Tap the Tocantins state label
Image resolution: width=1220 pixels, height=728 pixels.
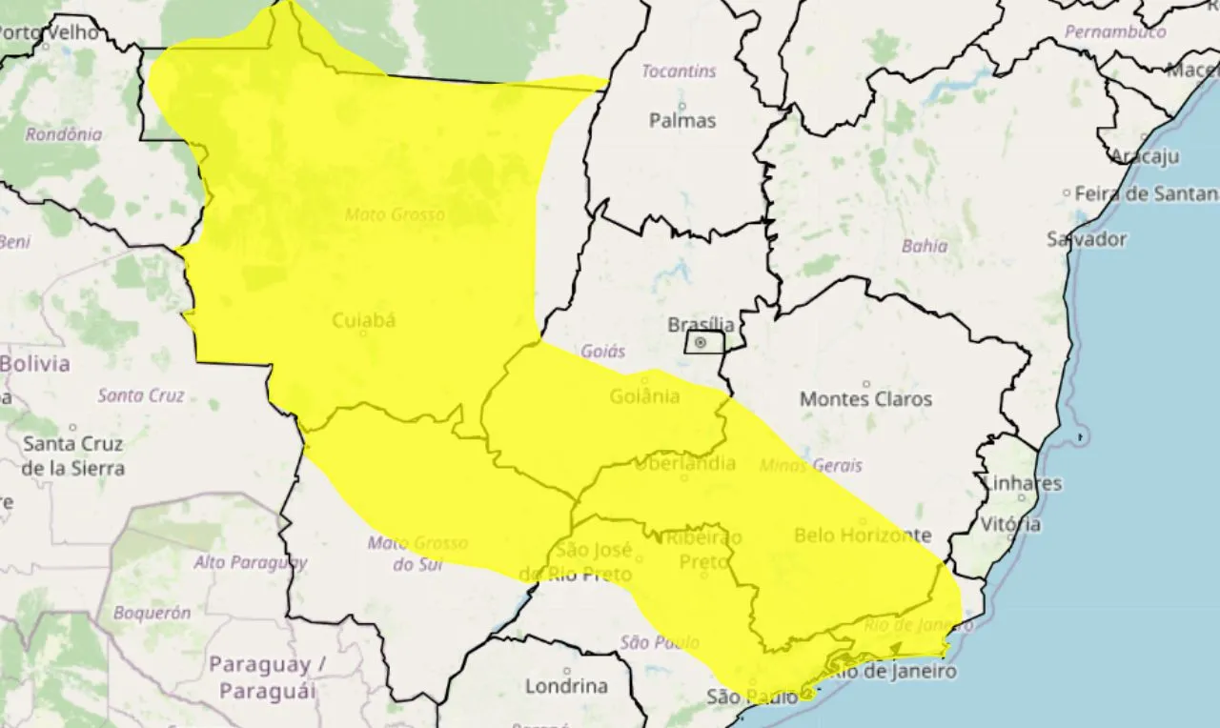pos(678,71)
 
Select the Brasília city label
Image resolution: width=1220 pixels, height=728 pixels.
pos(701,324)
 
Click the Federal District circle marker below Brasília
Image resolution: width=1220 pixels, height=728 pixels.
pos(701,342)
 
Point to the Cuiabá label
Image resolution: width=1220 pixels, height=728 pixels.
pos(363,321)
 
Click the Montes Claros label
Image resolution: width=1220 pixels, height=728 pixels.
pos(865,399)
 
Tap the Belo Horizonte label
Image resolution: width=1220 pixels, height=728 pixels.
pos(862,536)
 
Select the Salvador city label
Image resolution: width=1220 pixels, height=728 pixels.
pos(1086,239)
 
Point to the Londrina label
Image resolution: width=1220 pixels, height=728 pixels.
pos(566,686)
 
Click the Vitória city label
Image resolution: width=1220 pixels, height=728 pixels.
pos(1011,524)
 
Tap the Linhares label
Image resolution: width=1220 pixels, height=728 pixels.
pos(1021,483)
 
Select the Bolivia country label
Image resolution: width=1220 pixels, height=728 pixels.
pos(35,364)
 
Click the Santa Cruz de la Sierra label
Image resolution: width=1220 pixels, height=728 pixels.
pos(73,455)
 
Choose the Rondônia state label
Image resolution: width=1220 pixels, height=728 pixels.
pos(63,134)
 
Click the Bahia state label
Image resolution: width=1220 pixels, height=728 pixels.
pos(925,246)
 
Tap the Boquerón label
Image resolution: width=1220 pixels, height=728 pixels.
pos(152,614)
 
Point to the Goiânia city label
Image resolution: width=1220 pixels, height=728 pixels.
pos(644,395)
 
